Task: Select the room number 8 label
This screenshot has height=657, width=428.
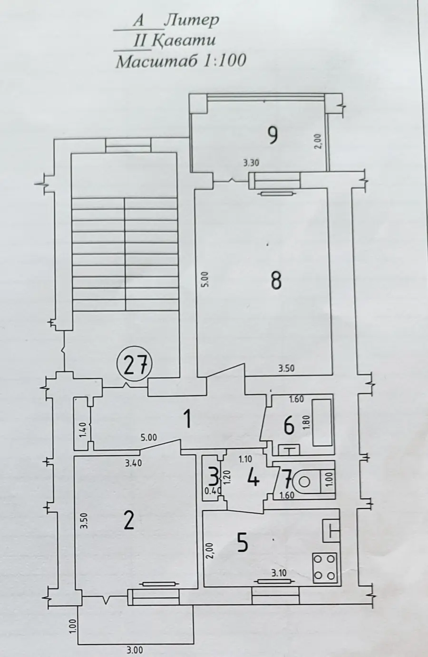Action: click(x=276, y=280)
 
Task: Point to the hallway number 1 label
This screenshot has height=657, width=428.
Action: click(x=187, y=419)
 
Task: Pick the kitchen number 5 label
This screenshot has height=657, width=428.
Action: click(x=243, y=543)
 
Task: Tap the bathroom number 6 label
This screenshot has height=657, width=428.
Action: click(x=289, y=426)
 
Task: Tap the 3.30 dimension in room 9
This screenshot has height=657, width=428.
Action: click(x=251, y=163)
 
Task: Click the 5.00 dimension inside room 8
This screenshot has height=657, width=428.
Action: click(x=205, y=279)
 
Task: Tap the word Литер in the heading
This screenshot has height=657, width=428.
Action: click(x=192, y=21)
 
